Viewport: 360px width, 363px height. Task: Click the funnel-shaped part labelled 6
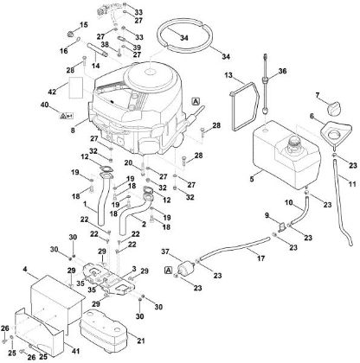331,136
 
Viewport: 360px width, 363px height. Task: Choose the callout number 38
104,45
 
